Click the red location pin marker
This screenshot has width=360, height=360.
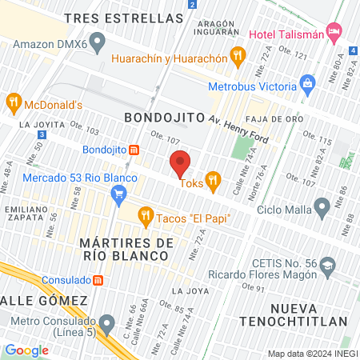coord(180,164)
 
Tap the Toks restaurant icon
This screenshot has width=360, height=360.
coord(212,182)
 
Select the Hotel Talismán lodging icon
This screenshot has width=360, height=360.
coord(334,33)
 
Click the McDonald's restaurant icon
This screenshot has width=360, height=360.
coord(13,102)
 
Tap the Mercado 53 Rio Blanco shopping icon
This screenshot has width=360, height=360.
coord(119,193)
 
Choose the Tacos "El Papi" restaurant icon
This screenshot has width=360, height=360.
coord(145,214)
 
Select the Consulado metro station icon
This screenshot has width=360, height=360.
coord(98,280)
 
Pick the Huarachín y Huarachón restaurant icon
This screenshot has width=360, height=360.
coord(237,55)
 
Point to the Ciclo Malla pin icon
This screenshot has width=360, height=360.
coord(322,209)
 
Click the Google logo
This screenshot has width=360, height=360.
coord(26,350)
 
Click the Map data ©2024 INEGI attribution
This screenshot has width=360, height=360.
coord(312,354)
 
